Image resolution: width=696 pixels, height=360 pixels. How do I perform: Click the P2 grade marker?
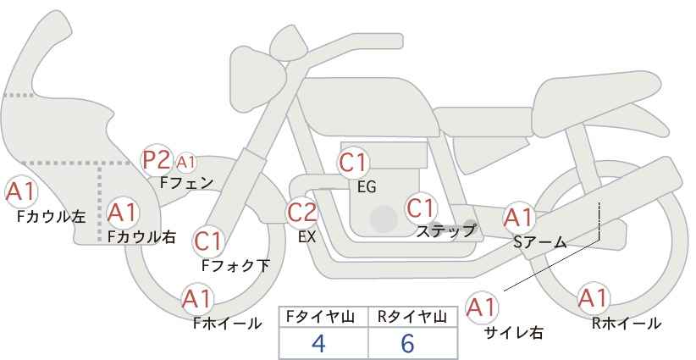pyautogui.click(x=157, y=160)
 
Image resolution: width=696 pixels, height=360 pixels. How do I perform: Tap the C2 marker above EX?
pyautogui.click(x=302, y=212)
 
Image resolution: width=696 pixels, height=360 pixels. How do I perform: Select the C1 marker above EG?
pyautogui.click(x=353, y=163)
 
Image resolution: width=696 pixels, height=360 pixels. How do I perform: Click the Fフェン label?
pyautogui.click(x=186, y=183)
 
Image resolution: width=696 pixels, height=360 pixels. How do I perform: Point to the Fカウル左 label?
pyautogui.click(x=51, y=217)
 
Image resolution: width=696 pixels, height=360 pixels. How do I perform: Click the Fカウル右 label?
pyautogui.click(x=141, y=236)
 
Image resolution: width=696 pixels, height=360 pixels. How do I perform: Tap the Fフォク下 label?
pyautogui.click(x=235, y=265)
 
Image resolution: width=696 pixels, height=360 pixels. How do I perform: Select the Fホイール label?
pyautogui.click(x=227, y=324)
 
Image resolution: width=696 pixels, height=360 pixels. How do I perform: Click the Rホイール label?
pyautogui.click(x=627, y=324)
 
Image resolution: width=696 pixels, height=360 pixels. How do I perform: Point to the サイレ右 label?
pyautogui.click(x=514, y=333)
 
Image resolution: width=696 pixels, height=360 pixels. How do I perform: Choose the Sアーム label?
pyautogui.click(x=540, y=242)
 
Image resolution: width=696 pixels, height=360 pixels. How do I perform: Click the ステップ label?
pyautogui.click(x=445, y=231)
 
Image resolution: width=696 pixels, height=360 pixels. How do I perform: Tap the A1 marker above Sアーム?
pyautogui.click(x=519, y=218)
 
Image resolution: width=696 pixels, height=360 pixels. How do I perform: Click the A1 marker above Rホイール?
pyautogui.click(x=593, y=298)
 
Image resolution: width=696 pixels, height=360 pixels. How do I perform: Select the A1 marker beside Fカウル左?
pyautogui.click(x=21, y=191)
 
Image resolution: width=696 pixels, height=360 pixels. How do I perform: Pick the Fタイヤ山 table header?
pyautogui.click(x=320, y=317)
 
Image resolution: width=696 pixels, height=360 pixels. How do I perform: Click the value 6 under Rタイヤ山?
pyautogui.click(x=407, y=343)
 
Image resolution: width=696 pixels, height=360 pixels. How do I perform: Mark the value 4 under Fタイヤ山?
pyautogui.click(x=318, y=343)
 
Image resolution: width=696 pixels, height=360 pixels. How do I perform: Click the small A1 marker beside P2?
pyautogui.click(x=186, y=163)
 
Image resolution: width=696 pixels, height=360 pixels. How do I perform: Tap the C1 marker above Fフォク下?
pyautogui.click(x=208, y=241)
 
